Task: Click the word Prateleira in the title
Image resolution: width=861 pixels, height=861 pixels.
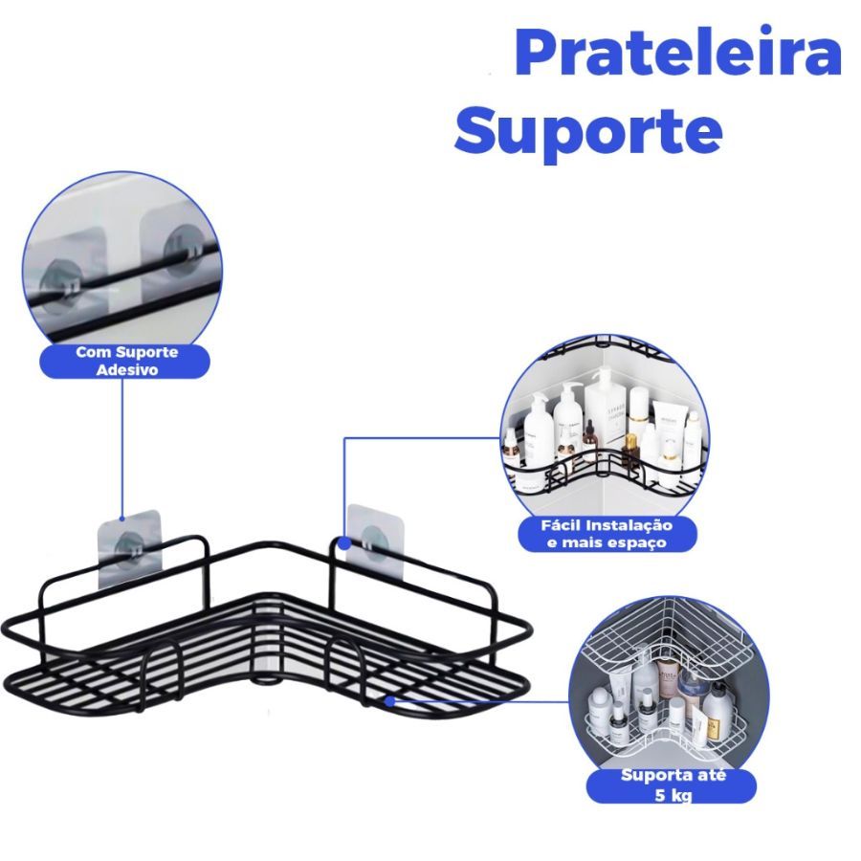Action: (677, 55)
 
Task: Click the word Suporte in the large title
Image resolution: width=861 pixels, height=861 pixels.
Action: (587, 131)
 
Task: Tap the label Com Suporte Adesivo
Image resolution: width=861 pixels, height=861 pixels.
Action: (127, 361)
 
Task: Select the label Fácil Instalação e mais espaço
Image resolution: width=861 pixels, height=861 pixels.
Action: (606, 534)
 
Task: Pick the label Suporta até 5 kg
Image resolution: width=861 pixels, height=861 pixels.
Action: (673, 784)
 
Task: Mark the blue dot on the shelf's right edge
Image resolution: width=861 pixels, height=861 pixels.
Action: (389, 701)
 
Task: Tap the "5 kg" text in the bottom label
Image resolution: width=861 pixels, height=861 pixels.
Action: (673, 794)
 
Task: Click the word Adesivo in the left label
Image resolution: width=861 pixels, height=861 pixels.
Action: (127, 369)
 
